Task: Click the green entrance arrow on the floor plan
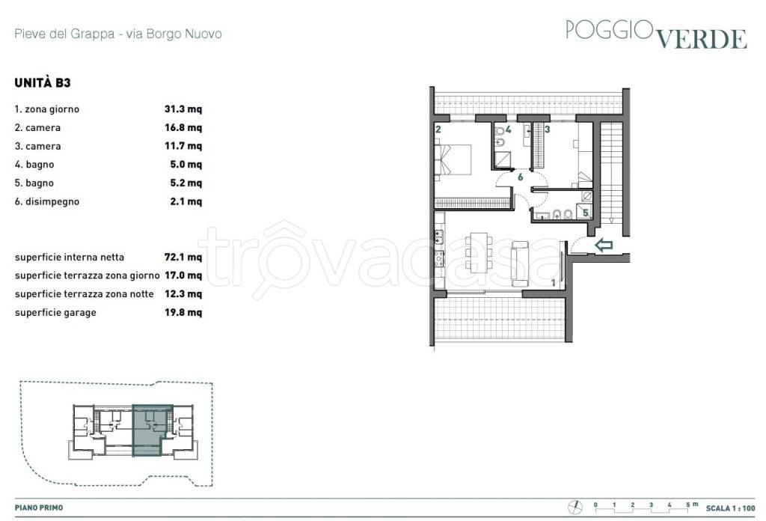coord(604,245)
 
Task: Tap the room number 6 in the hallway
coord(521,177)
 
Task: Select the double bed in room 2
coord(453,159)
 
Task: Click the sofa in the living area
coord(520,264)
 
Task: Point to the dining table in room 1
coord(479,253)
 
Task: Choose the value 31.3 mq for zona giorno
coord(183,109)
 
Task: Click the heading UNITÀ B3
coord(43,82)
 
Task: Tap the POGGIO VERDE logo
coord(656,34)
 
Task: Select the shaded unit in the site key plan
coord(153,430)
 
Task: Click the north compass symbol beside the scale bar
coord(575,508)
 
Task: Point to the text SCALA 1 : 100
coord(730,508)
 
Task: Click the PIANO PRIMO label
coord(39,508)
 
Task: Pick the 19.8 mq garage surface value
coord(183,312)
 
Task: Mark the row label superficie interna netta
coord(70,257)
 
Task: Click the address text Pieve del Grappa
coord(64,34)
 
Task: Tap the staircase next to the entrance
coord(612,173)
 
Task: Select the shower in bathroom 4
coord(503,159)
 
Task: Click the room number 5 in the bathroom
coord(585,213)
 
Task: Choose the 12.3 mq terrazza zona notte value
coord(183,293)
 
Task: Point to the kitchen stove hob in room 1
coord(439,258)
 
